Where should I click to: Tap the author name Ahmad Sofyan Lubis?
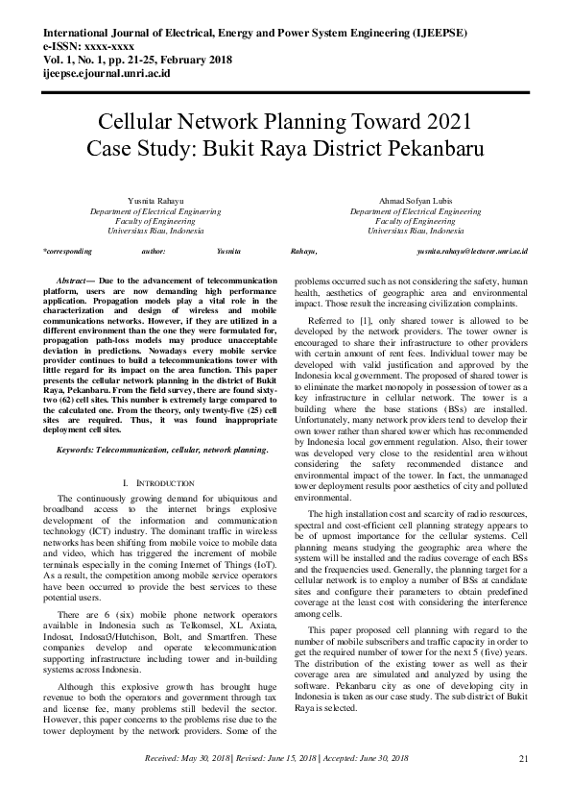[x=416, y=200]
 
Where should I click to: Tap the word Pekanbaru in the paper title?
[x=427, y=150]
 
